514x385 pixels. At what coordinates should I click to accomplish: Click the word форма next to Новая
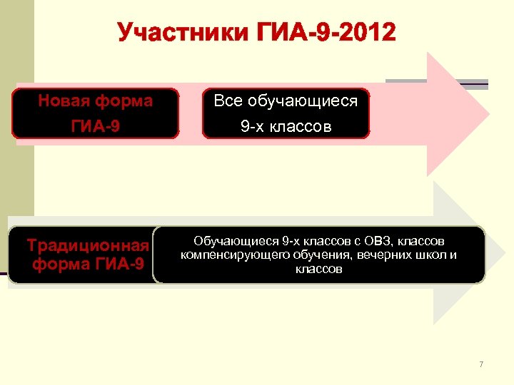pos(126,101)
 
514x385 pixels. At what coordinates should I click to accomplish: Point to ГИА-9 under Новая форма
pos(96,127)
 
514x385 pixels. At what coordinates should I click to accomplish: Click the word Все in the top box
pos(228,101)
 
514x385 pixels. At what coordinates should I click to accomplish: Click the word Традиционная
pos(88,246)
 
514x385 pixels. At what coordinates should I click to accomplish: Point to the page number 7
pos(481,365)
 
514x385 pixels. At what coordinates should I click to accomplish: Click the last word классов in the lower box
pos(318,269)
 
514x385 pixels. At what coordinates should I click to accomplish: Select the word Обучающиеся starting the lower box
pos(237,241)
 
